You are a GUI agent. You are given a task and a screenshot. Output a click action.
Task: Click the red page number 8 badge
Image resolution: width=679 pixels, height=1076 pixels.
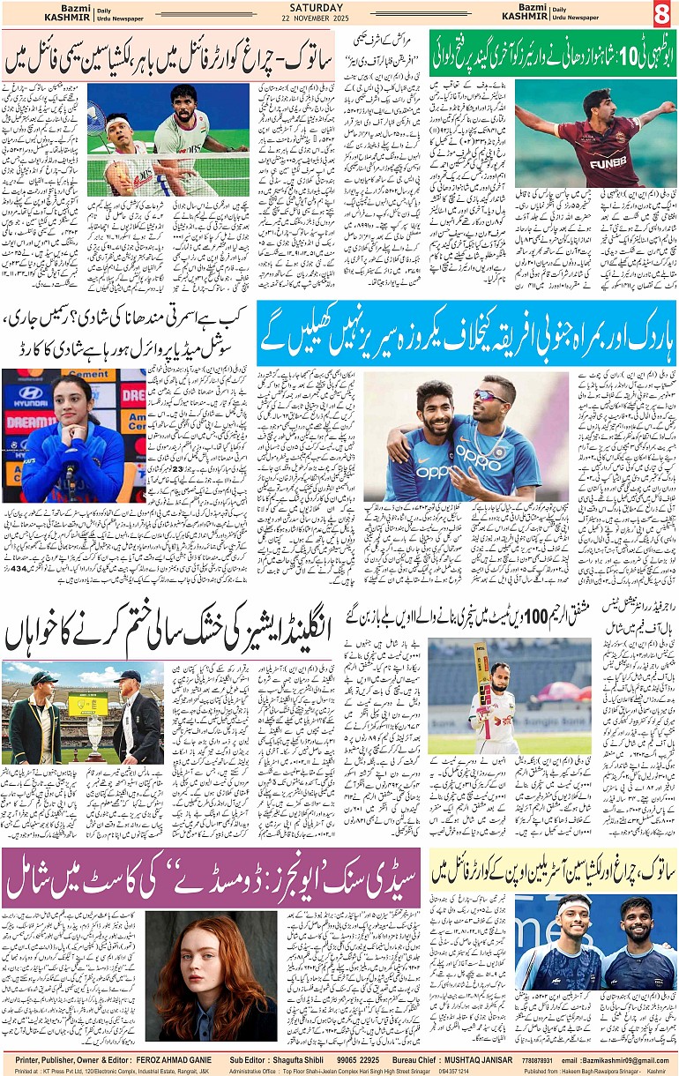661,13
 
